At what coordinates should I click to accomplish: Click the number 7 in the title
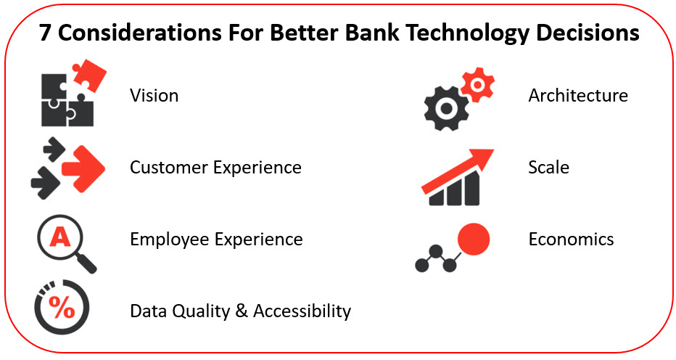tap(45, 32)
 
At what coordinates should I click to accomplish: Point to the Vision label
tap(154, 95)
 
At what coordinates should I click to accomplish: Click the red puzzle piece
tap(89, 75)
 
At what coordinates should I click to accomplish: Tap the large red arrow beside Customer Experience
tap(83, 168)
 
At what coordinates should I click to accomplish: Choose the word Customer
tap(168, 168)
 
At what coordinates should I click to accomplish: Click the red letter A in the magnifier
tap(60, 237)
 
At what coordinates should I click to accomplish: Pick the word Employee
tap(170, 240)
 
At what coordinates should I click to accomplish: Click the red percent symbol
tap(62, 307)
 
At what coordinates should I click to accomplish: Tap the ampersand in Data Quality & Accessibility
tap(242, 311)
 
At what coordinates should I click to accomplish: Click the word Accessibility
tap(302, 311)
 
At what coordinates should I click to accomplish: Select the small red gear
tap(477, 85)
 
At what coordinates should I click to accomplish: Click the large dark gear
tap(446, 109)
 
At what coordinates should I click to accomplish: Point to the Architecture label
tap(578, 95)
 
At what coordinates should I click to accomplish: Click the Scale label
tap(549, 167)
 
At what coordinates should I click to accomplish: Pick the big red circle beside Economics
tap(474, 239)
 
